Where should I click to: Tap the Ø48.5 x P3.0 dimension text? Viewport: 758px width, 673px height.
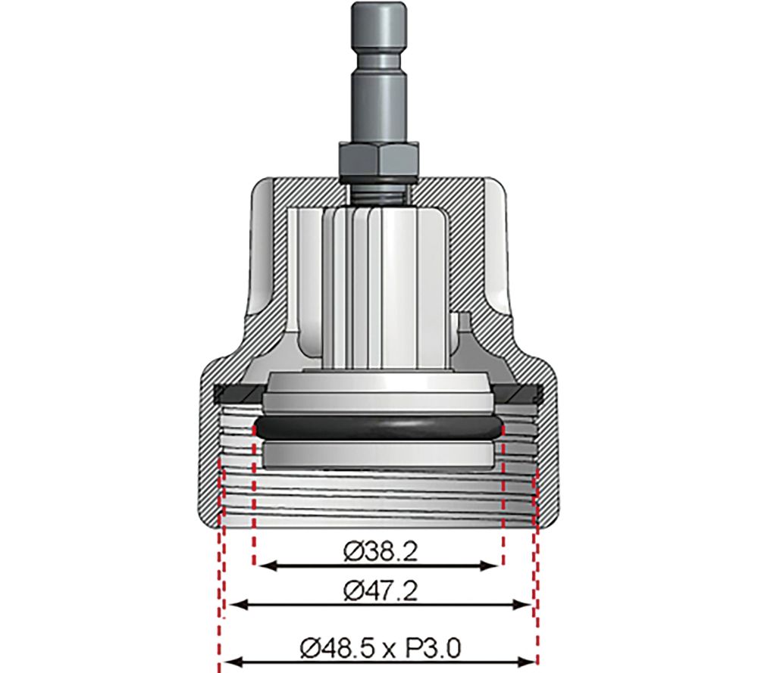[x=379, y=647]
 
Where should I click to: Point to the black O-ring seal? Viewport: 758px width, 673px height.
[x=379, y=427]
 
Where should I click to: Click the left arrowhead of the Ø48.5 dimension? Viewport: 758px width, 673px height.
[x=227, y=661]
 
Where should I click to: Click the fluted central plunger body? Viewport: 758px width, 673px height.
[x=379, y=288]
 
